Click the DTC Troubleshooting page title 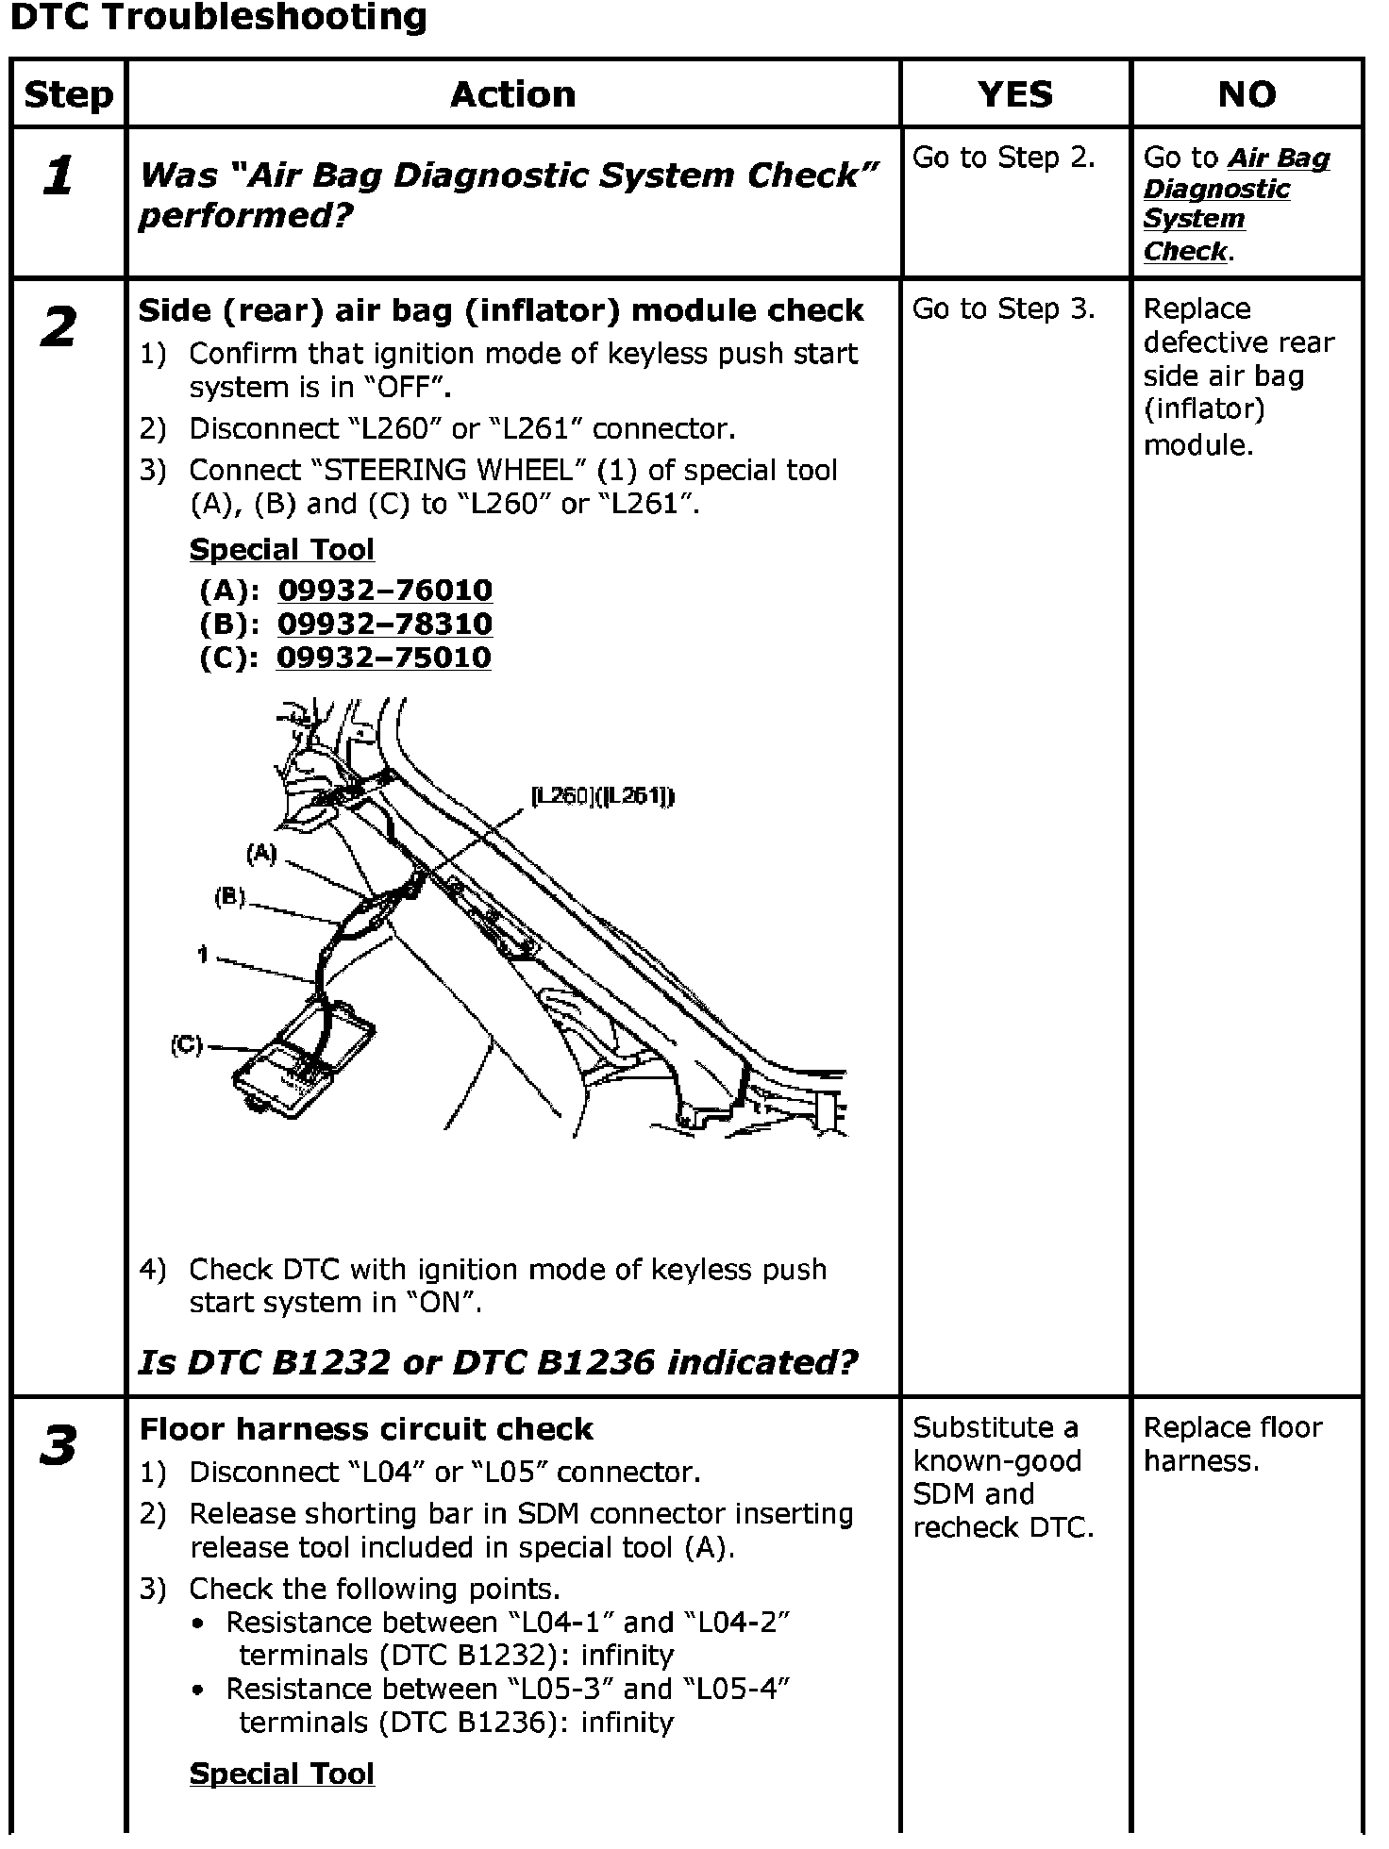point(218,18)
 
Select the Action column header point(512,94)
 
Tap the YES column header point(1015,94)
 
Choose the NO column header point(1247,94)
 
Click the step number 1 point(59,176)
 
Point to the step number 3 point(59,1446)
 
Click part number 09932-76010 point(385,591)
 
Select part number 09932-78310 point(385,625)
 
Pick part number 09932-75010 point(384,658)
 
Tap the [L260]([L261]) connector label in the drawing point(603,797)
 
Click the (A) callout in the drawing point(261,854)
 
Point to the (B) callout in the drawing point(229,897)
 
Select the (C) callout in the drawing point(186,1045)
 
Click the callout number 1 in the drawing point(203,956)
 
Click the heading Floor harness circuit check point(366,1429)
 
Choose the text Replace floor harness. point(1232,1444)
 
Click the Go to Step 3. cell point(1003,309)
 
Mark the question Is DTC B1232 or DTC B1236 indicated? point(497,1362)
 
